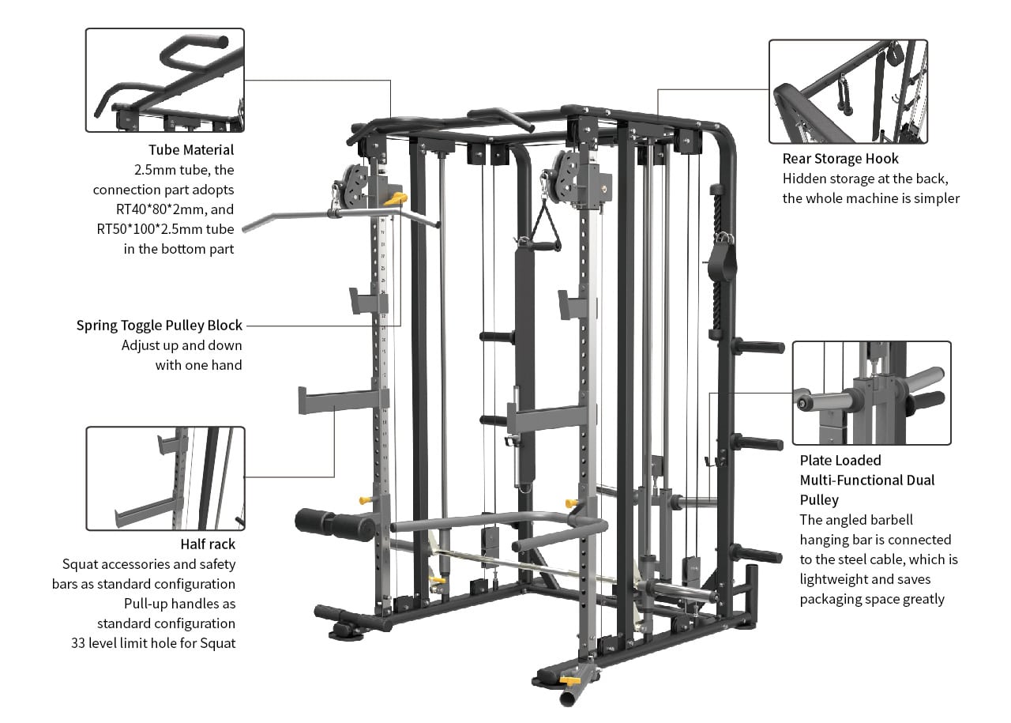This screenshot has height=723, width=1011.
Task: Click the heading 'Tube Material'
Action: pos(191,150)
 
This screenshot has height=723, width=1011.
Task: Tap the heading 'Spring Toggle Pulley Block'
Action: pos(160,325)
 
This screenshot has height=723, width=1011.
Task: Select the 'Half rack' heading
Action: pos(208,544)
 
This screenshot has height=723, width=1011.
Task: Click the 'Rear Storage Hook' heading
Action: pos(840,159)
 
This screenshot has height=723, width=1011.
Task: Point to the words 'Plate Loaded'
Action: pos(840,460)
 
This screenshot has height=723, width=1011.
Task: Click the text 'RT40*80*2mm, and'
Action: pos(175,209)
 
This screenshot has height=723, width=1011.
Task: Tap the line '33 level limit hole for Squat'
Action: pos(153,643)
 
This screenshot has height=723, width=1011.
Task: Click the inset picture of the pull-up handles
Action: pos(165,80)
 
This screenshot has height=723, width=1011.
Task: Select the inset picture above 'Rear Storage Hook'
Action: pos(848,91)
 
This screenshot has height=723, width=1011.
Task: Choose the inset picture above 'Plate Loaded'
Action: pos(871,393)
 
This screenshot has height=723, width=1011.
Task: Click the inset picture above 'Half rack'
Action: pos(165,479)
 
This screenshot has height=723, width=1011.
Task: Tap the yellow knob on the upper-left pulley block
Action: pos(396,198)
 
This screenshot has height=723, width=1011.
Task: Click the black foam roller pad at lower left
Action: pos(335,525)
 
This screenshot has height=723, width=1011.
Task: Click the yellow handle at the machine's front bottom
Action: pos(570,680)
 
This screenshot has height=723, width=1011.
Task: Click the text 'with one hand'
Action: pos(198,365)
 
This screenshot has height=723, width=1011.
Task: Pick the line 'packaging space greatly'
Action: pos(872,599)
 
